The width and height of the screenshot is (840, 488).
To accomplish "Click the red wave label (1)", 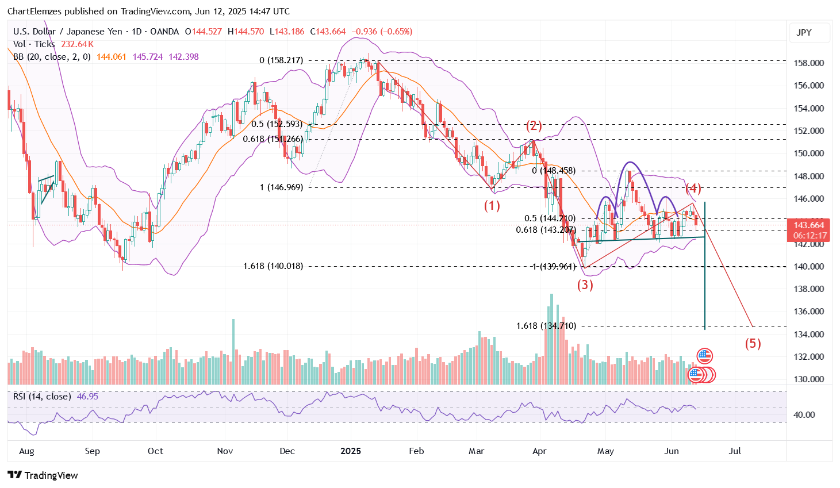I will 492,206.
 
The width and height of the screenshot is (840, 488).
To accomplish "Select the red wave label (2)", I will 534,126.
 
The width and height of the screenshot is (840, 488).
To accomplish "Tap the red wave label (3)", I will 585,285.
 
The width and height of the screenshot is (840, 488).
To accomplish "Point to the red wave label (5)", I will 753,344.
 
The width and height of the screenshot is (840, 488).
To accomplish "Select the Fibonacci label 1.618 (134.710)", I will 546,326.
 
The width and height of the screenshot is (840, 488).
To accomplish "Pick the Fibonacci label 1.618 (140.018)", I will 273,266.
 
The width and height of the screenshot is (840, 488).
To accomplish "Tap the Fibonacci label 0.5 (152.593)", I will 277,124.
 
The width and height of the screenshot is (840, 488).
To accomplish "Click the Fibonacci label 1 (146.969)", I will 281,187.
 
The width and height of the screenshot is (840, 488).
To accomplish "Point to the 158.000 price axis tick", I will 808,63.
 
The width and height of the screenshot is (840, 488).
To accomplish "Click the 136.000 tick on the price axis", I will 808,312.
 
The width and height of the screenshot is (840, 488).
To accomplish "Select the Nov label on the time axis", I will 225,451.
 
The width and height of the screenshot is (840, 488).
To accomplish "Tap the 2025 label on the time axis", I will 350,451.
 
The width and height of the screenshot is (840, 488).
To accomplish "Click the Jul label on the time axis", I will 734,451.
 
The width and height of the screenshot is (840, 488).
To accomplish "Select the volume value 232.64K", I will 77,44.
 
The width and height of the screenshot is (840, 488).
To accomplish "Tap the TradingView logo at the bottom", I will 43,475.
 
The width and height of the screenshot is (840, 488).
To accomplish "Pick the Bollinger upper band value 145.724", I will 148,57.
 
